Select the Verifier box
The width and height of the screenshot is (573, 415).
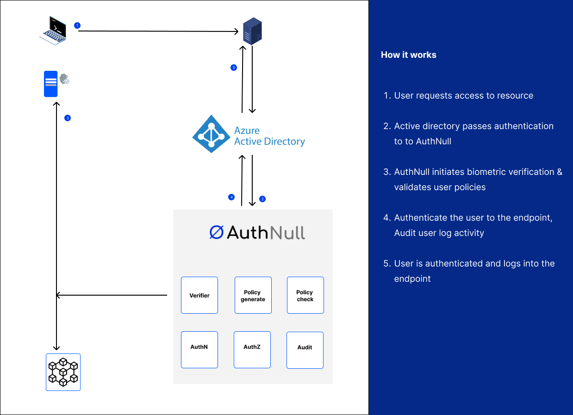point(199,295)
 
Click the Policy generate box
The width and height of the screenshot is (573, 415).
point(253,295)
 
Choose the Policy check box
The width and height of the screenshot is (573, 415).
point(305,295)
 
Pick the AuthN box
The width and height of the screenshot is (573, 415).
point(199,350)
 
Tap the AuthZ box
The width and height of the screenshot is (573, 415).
point(252,350)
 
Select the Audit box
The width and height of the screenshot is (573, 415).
point(305,350)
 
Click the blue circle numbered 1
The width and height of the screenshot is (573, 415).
point(77,25)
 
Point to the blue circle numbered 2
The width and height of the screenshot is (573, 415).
point(262,199)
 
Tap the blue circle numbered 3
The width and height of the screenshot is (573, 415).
point(68,118)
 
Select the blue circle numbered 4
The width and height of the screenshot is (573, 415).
point(232,197)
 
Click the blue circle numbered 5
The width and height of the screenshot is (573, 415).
point(234,68)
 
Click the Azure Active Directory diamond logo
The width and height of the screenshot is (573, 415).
point(211,134)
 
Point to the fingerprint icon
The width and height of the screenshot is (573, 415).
point(63,79)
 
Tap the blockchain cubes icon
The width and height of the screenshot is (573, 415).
point(63,372)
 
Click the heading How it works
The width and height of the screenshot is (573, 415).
point(409,55)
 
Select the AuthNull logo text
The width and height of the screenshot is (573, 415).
point(257,233)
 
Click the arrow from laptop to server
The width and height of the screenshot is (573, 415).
point(157,31)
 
